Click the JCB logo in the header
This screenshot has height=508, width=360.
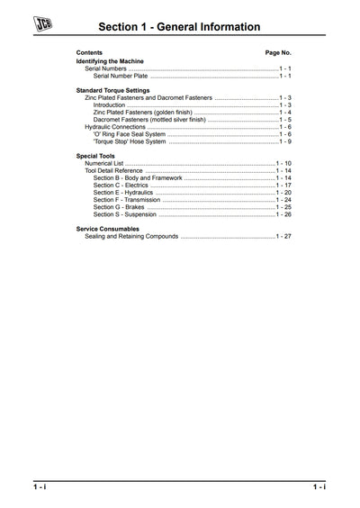[x=41, y=26]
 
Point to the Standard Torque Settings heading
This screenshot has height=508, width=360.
[x=112, y=90]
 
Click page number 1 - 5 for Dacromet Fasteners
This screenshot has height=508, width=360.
[x=284, y=120]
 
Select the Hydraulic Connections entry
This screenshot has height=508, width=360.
[x=117, y=127]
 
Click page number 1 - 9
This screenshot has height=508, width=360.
[x=284, y=141]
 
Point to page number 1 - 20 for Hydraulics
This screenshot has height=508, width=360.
[x=283, y=193]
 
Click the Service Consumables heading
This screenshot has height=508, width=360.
[x=111, y=229]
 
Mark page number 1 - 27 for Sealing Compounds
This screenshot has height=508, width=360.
[x=283, y=236]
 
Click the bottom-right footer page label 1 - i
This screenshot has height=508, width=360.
[x=319, y=486]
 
